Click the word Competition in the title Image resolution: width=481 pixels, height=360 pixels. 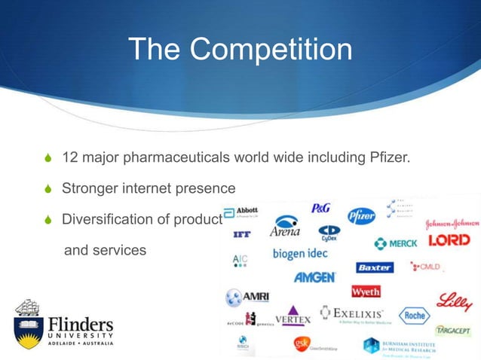pyautogui.click(x=271, y=50)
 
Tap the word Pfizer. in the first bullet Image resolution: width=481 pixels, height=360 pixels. pyautogui.click(x=387, y=159)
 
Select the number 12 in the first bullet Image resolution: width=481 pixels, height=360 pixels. pyautogui.click(x=70, y=159)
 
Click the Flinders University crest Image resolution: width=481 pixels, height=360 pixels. pyautogui.click(x=26, y=322)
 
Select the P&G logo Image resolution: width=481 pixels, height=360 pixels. pyautogui.click(x=321, y=208)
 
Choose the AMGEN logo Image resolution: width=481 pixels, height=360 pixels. pyautogui.click(x=314, y=276)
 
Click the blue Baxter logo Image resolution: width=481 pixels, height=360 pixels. pyautogui.click(x=375, y=267)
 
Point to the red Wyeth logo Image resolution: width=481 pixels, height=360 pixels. pyautogui.click(x=366, y=291)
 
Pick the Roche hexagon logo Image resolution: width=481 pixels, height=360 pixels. pyautogui.click(x=414, y=316)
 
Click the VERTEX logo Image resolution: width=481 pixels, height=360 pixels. pyautogui.click(x=292, y=316)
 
